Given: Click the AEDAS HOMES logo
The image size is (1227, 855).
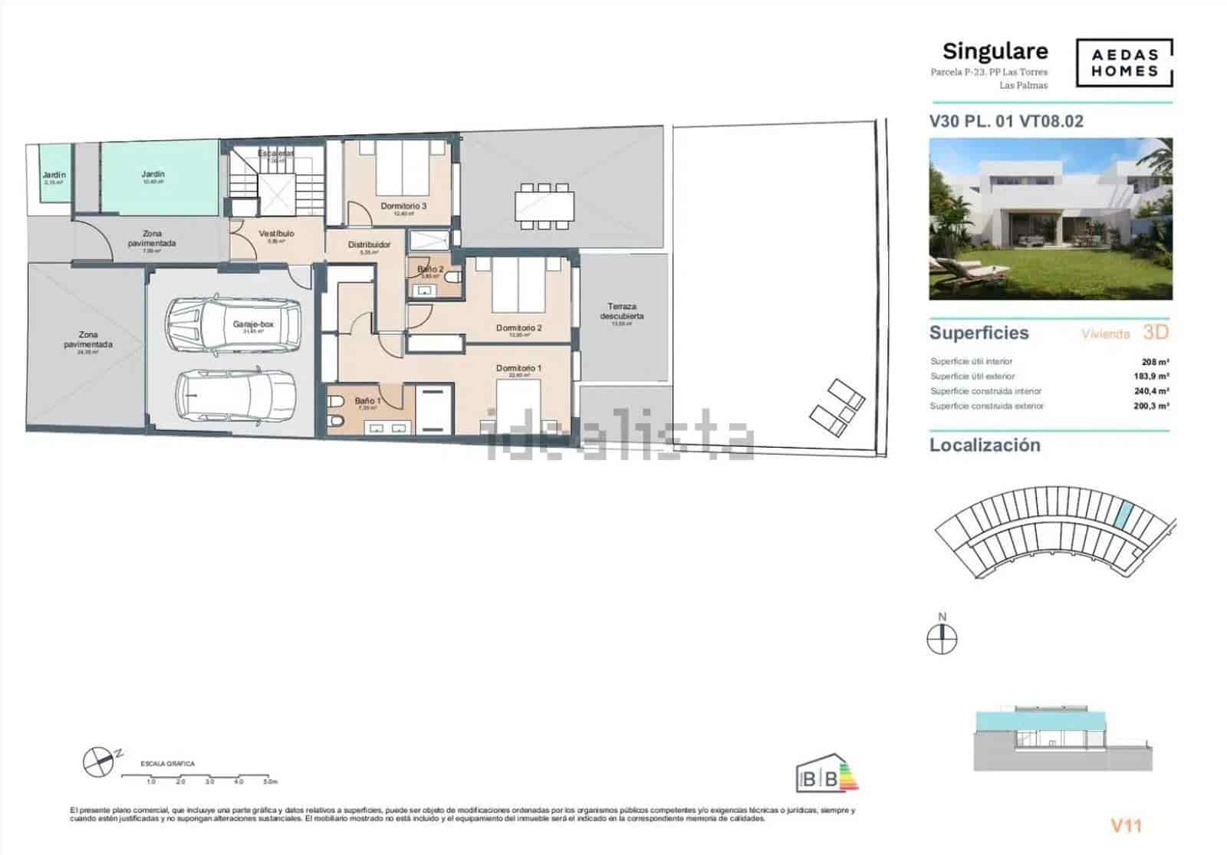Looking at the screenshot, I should [1124, 64].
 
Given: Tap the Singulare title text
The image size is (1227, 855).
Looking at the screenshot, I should [995, 51].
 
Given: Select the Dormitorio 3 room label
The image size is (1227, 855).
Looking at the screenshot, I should [403, 206].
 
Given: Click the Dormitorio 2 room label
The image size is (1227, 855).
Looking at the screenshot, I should [518, 328].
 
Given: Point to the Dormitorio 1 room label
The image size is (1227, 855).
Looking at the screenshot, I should [518, 369].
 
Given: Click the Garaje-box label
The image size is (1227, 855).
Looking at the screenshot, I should [253, 324].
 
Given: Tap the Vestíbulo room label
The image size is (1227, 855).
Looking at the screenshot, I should [276, 234].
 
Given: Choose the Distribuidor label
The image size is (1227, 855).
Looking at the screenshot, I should [369, 245].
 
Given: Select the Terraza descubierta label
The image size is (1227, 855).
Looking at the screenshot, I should [622, 311].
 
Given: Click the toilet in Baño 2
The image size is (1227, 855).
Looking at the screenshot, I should [454, 276].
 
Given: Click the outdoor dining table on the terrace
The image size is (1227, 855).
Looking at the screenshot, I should [544, 205].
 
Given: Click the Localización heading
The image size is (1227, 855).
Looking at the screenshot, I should [985, 446].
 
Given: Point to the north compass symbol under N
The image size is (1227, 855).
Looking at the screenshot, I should [942, 639].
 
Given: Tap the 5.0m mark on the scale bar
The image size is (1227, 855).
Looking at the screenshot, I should [269, 782].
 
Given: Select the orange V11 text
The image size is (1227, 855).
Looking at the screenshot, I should [1127, 826].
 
